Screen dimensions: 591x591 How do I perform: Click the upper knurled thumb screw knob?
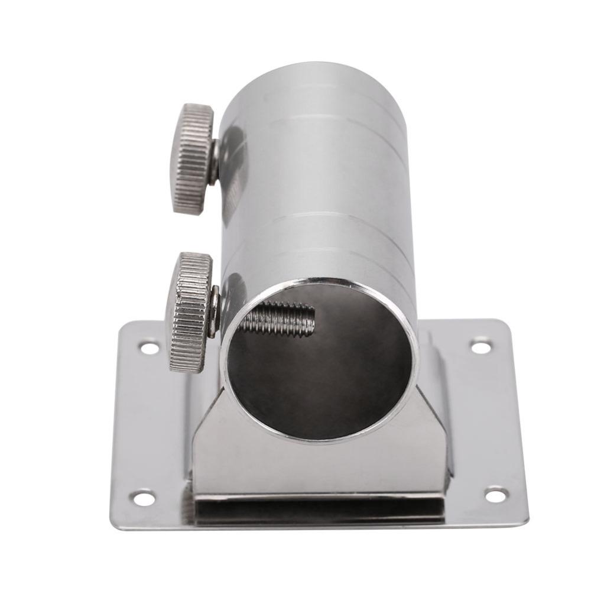tap(193, 158)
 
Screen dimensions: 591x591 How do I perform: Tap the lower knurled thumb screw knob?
tap(190, 311)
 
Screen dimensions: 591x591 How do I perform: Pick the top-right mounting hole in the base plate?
tap(481, 346)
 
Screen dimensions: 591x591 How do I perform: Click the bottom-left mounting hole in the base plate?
tap(142, 498)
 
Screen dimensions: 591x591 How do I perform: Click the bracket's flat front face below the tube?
tap(319, 467)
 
